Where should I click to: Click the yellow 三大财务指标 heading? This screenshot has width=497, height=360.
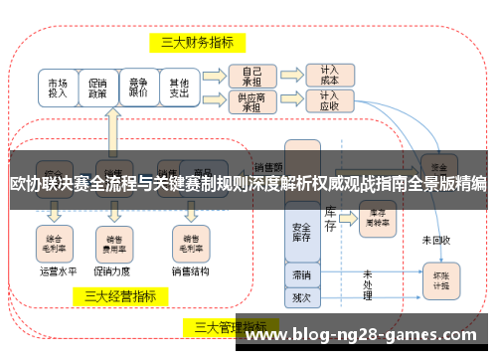click(198, 43)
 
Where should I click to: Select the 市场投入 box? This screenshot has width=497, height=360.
click(58, 87)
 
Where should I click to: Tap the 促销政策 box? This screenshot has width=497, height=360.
click(97, 87)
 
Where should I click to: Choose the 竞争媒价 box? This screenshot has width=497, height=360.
click(138, 87)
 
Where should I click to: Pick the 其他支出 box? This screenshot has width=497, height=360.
click(179, 87)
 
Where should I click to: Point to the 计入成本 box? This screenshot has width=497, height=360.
click(329, 76)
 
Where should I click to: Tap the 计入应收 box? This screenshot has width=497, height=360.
click(329, 100)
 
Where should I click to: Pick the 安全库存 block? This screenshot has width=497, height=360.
click(301, 232)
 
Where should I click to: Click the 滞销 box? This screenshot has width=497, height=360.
click(301, 273)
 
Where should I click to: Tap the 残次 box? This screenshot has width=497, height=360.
click(301, 295)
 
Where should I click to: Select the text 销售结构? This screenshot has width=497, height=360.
click(189, 269)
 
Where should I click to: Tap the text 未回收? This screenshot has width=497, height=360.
click(436, 240)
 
